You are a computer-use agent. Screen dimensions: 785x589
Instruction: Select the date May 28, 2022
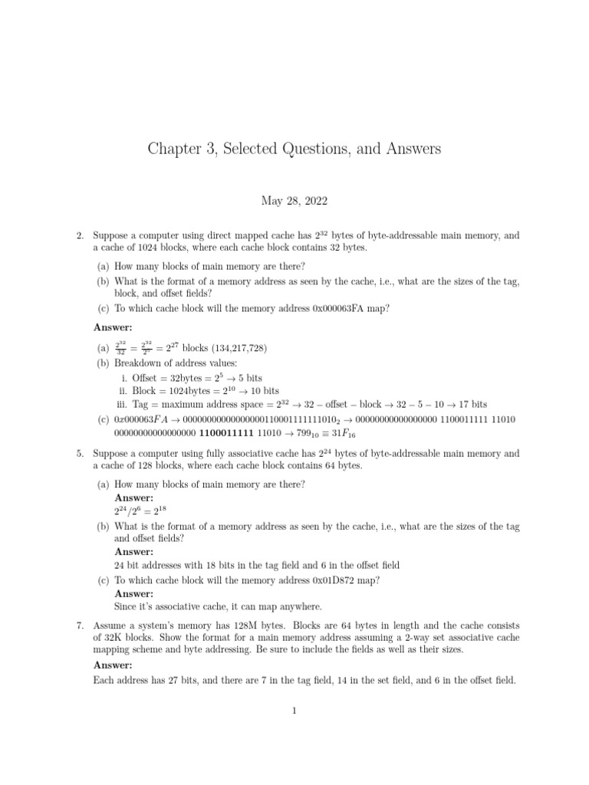pyautogui.click(x=294, y=202)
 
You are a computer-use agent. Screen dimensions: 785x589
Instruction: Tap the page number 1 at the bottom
pyautogui.click(x=294, y=711)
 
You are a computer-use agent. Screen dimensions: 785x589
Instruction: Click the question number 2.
pyautogui.click(x=80, y=236)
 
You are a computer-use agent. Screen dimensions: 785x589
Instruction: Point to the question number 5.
pyautogui.click(x=80, y=454)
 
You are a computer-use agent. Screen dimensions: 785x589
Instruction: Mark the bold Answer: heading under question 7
pyautogui.click(x=113, y=665)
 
